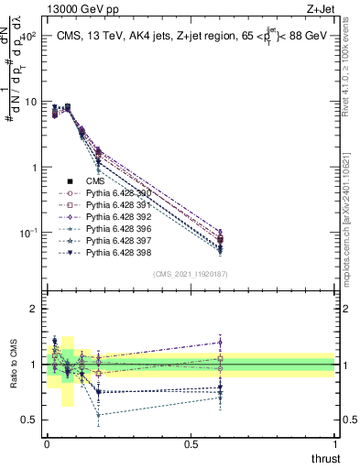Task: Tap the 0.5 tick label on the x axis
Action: [191, 443]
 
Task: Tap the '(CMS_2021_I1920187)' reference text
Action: [191, 274]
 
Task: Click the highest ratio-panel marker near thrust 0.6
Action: [219, 343]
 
